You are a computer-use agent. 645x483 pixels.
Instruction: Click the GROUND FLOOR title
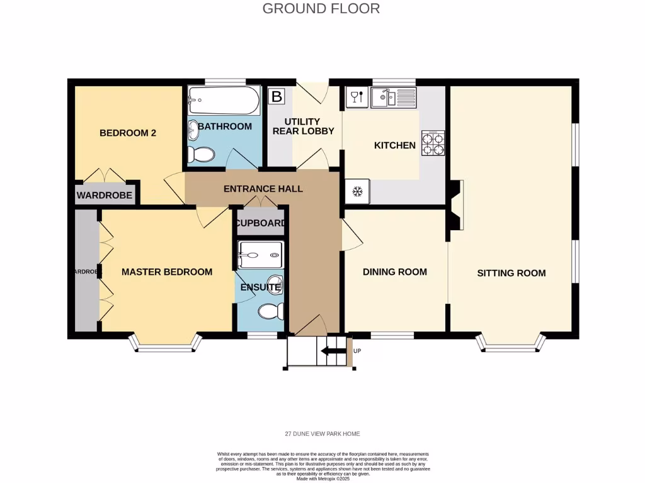pos(321,8)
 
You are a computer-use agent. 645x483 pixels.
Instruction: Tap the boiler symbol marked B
pos(276,97)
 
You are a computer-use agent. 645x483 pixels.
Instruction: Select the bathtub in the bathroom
pos(223,101)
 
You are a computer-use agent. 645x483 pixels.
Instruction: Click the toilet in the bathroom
pos(202,153)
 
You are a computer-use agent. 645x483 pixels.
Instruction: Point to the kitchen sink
pos(392,97)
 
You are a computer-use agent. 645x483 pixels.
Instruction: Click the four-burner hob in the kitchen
pos(433,144)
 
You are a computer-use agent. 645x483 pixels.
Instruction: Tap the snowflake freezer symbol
pos(357,192)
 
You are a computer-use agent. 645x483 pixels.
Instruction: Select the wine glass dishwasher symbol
pos(355,97)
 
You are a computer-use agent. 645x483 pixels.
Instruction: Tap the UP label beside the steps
pos(357,351)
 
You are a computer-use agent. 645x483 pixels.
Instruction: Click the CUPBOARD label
pos(261,223)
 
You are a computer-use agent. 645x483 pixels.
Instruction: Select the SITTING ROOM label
pos(511,273)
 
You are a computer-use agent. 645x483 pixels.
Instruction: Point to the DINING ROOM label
pos(395,272)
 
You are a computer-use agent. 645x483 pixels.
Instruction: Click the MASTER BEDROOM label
pos(166,272)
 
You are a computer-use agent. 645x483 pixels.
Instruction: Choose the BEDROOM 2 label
pos(128,133)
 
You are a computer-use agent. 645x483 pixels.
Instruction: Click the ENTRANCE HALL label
pos(263,189)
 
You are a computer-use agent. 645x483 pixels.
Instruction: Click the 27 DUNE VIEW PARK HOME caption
pos(322,434)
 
